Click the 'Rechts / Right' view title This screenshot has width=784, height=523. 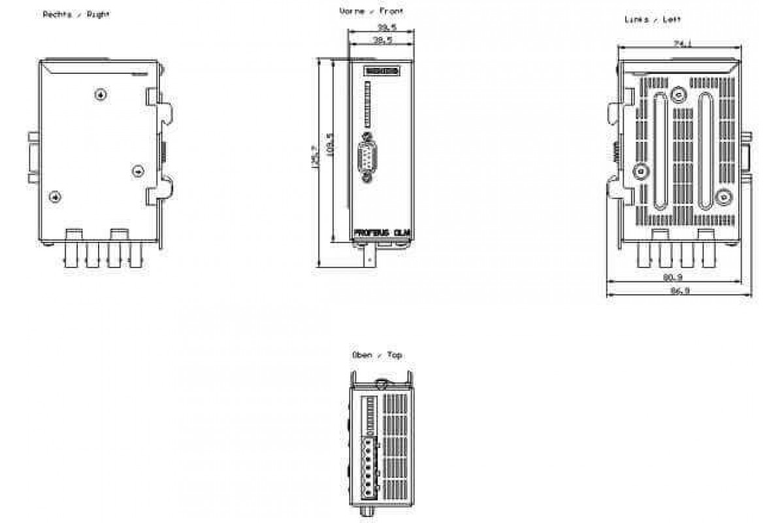click(76, 14)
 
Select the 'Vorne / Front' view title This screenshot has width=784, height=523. click(372, 12)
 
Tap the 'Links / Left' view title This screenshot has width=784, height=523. click(653, 20)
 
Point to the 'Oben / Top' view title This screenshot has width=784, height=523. click(377, 355)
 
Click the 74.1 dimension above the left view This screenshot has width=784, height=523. click(681, 44)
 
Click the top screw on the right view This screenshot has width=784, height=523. click(100, 95)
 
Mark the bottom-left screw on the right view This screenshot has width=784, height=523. click(56, 197)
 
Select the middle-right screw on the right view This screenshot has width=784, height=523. click(137, 171)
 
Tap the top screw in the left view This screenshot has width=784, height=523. click(680, 95)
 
